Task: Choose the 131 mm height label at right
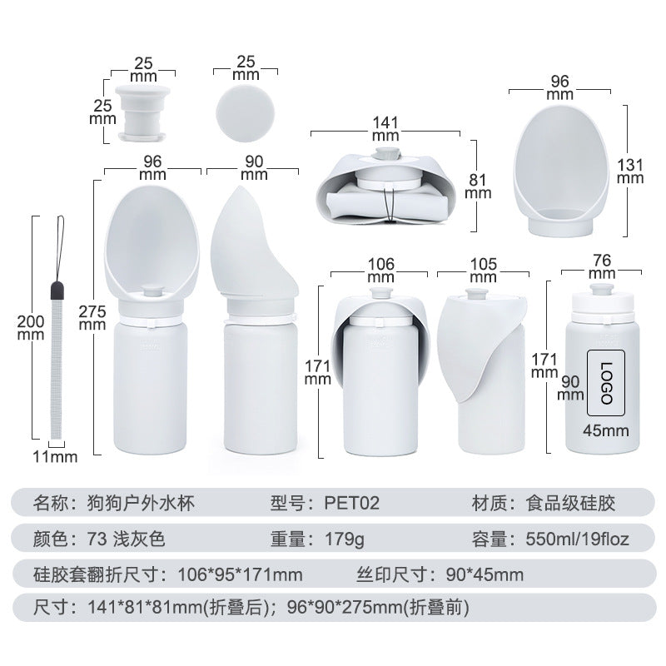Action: coord(630,169)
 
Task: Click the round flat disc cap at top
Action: coord(245,109)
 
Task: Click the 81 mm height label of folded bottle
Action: coord(478,186)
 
